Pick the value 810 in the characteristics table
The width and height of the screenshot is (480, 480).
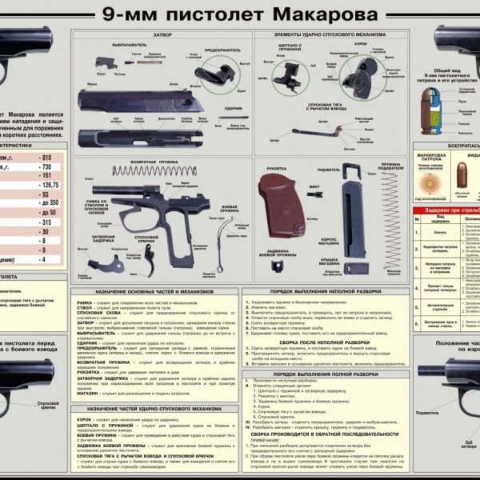(46, 158)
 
